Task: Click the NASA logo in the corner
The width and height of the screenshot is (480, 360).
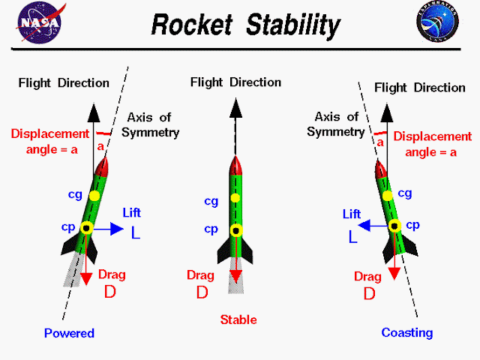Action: tap(40, 22)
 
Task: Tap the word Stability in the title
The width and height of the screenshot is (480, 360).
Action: tap(293, 25)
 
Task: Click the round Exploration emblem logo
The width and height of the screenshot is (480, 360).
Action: tap(437, 22)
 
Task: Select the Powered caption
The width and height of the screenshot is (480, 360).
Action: tap(69, 333)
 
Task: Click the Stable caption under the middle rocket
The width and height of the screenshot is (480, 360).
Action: tap(238, 319)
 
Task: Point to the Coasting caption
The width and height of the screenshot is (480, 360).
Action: tap(407, 333)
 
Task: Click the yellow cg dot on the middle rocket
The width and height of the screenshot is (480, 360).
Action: tap(235, 198)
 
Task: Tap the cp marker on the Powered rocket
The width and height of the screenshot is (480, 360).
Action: tap(87, 228)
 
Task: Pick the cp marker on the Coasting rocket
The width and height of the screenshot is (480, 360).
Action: tap(395, 226)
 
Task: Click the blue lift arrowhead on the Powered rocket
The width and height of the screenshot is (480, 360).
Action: tap(117, 229)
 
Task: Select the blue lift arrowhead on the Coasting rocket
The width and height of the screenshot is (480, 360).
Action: tap(364, 226)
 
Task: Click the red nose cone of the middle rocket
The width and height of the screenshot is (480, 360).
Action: tap(235, 166)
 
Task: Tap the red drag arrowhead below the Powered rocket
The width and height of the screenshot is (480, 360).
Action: tap(86, 279)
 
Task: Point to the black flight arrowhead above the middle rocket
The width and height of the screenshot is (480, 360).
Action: tap(235, 108)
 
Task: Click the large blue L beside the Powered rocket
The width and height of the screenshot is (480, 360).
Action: tap(136, 233)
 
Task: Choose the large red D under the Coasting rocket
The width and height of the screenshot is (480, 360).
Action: tap(369, 294)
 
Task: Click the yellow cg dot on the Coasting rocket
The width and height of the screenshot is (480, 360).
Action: tap(388, 196)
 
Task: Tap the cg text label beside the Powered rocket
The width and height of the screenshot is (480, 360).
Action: tap(75, 195)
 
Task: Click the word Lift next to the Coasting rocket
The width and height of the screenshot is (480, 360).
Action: tap(352, 214)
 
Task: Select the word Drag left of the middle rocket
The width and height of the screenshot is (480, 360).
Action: tap(200, 275)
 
